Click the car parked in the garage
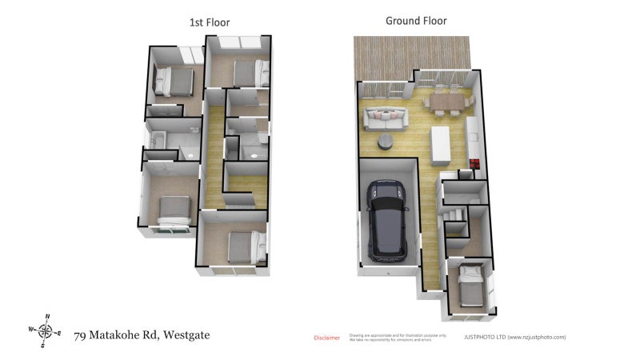(388, 222)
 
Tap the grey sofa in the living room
(386, 119)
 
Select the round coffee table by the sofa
(386, 142)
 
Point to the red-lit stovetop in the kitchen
(474, 166)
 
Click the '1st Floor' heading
(210, 22)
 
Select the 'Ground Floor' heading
(416, 21)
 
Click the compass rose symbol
(46, 330)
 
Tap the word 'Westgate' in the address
(186, 335)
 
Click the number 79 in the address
(81, 335)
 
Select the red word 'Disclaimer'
(326, 338)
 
